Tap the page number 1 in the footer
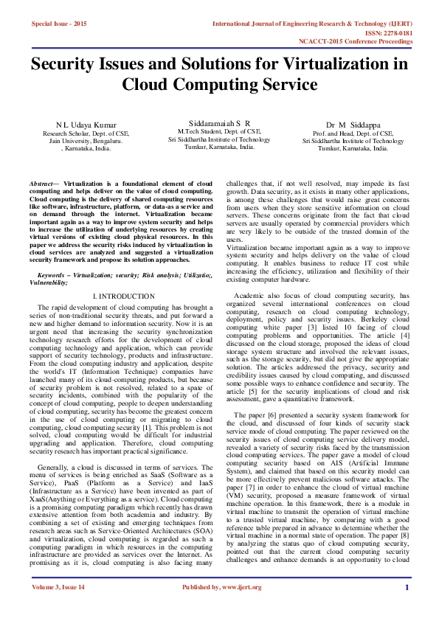click(407, 608)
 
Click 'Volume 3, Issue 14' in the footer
click(58, 608)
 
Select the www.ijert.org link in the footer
click(244, 608)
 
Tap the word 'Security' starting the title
click(69, 64)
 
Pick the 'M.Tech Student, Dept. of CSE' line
click(219, 131)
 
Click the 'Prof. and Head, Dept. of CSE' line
click(352, 133)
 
